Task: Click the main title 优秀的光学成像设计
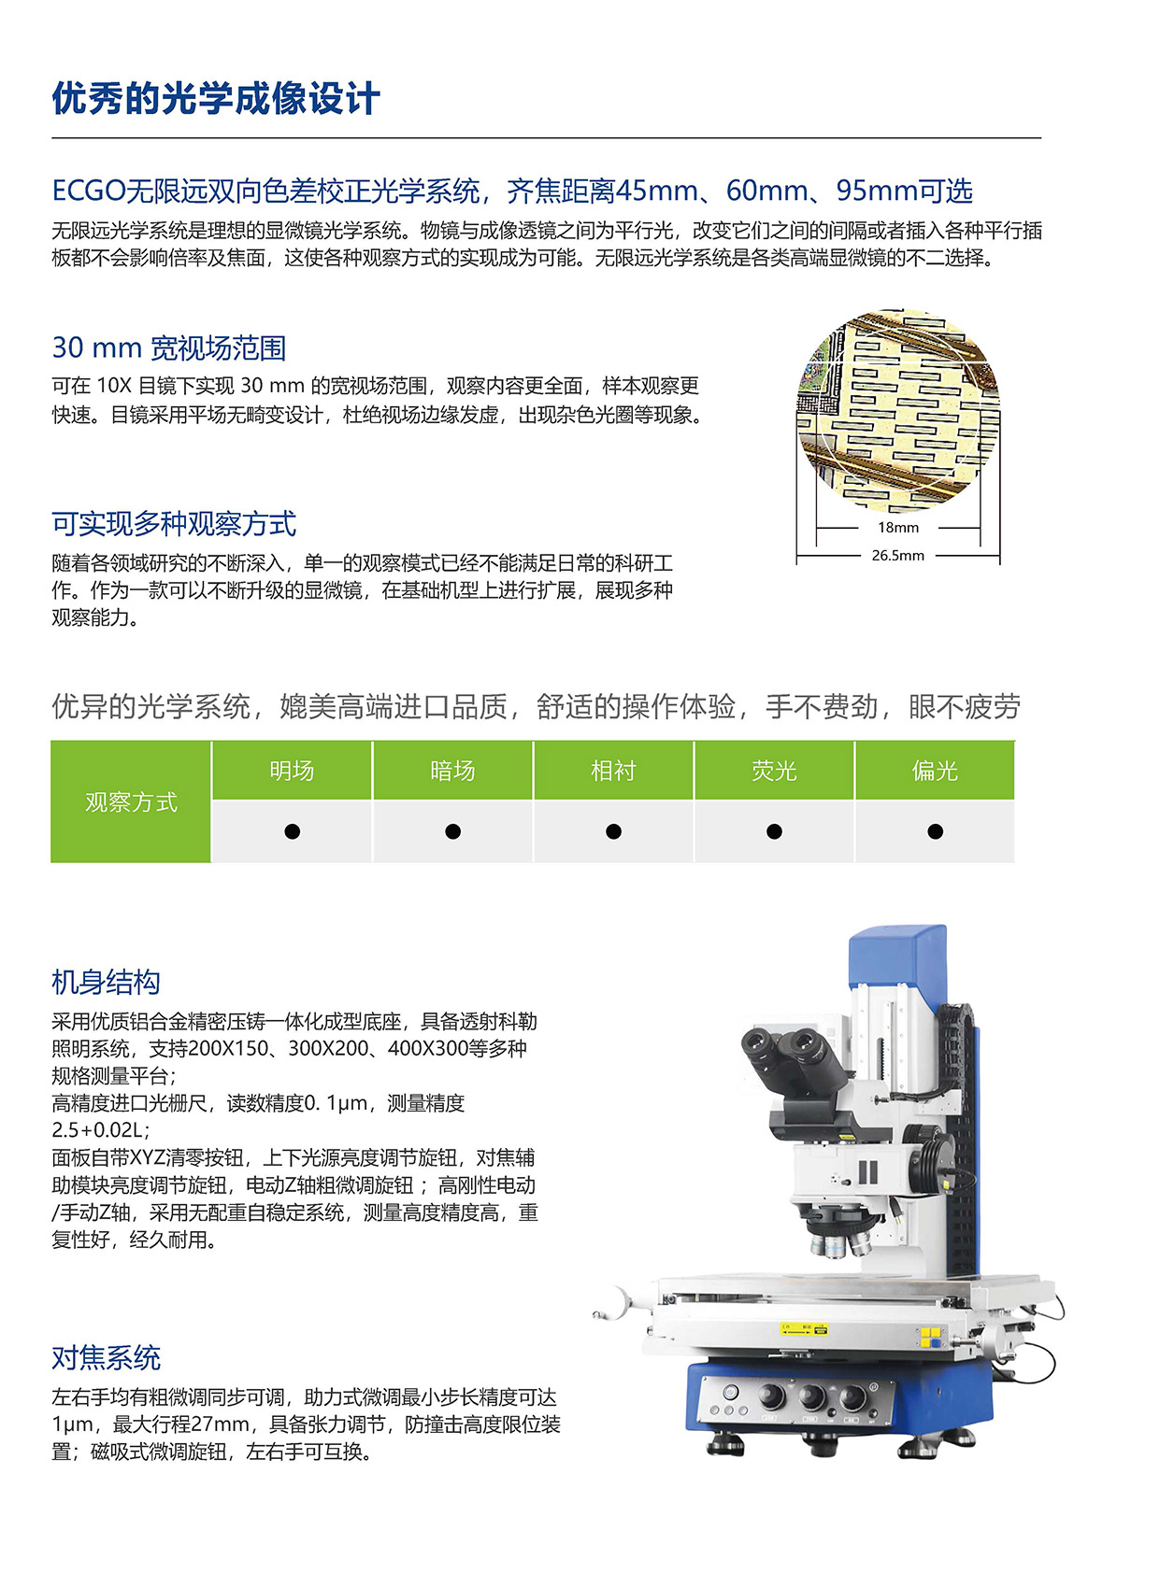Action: (x=216, y=98)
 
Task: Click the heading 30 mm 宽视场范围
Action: (x=169, y=348)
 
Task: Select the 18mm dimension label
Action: (x=897, y=528)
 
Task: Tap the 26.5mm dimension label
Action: (x=897, y=556)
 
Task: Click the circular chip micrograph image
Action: (x=897, y=412)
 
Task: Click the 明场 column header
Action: (x=292, y=771)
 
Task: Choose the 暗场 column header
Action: (x=452, y=771)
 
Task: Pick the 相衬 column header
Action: (x=613, y=771)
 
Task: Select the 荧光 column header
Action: (x=774, y=771)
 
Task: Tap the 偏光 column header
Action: (x=935, y=771)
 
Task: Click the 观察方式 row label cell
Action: (x=131, y=802)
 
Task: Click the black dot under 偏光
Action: (x=935, y=831)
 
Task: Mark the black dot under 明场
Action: (x=292, y=831)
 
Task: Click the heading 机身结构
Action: (x=106, y=983)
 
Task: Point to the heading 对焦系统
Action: (x=106, y=1358)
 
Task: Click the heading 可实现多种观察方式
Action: (x=174, y=524)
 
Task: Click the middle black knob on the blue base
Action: (x=811, y=1396)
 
